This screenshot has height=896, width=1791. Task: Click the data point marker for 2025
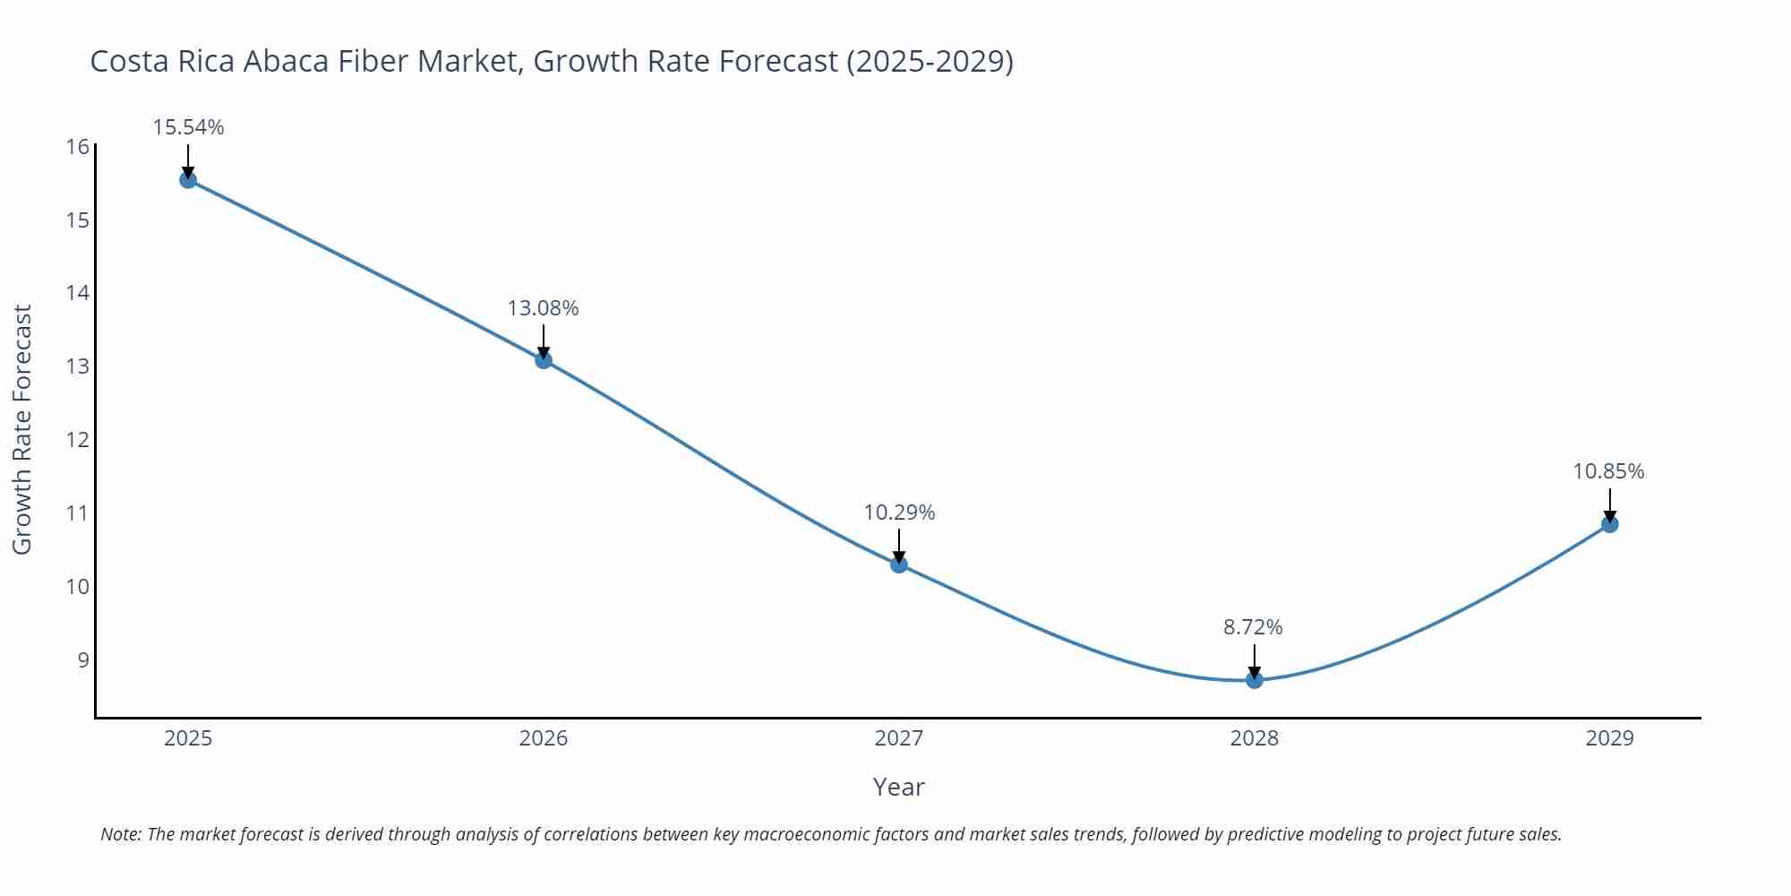[x=188, y=180]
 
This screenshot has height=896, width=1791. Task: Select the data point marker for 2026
[x=544, y=360]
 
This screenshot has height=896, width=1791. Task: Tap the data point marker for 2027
[x=899, y=564]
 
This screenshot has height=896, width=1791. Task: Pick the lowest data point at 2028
[x=1255, y=680]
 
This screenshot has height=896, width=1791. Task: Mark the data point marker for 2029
[x=1609, y=524]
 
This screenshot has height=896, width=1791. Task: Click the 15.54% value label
[x=188, y=127]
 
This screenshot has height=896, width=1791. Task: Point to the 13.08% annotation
[x=544, y=308]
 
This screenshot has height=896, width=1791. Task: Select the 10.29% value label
[x=899, y=513]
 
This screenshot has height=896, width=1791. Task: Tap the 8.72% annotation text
[x=1254, y=627]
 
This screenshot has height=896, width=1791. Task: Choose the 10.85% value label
[x=1609, y=471]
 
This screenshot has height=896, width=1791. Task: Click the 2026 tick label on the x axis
[x=544, y=738]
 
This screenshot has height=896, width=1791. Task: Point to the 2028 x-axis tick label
[x=1255, y=738]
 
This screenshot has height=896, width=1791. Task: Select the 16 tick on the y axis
[x=78, y=147]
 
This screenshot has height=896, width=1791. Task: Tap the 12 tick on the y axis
[x=78, y=440]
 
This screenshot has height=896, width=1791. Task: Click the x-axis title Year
[x=898, y=787]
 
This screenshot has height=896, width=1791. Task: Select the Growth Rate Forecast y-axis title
[x=22, y=429]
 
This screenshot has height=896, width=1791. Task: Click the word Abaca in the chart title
[x=286, y=61]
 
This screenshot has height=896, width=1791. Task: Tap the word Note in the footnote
[x=120, y=834]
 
